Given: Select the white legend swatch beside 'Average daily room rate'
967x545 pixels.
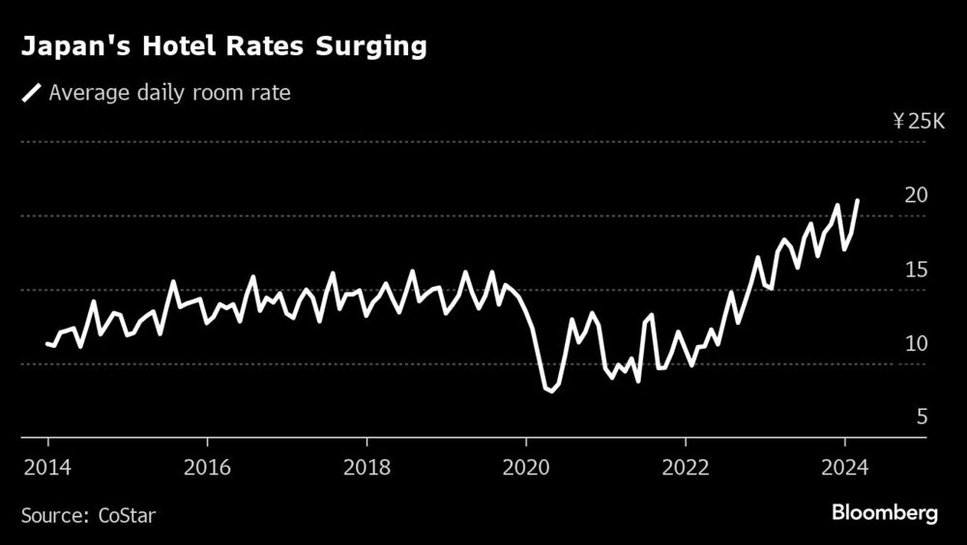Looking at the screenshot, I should [32, 93].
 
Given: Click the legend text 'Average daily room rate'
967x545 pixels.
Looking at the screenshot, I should [169, 93].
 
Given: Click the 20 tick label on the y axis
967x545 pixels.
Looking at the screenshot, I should [917, 195].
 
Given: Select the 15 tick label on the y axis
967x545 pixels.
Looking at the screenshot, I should [917, 270].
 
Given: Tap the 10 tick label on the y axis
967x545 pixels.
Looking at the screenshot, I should [917, 344].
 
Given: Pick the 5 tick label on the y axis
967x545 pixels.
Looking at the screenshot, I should [923, 417].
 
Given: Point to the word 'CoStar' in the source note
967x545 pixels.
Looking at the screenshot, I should [127, 515].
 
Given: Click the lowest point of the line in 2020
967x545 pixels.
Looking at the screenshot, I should [551, 391].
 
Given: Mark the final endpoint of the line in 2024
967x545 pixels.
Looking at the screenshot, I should [858, 200].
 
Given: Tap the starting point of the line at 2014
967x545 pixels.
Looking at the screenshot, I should [46, 343].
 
